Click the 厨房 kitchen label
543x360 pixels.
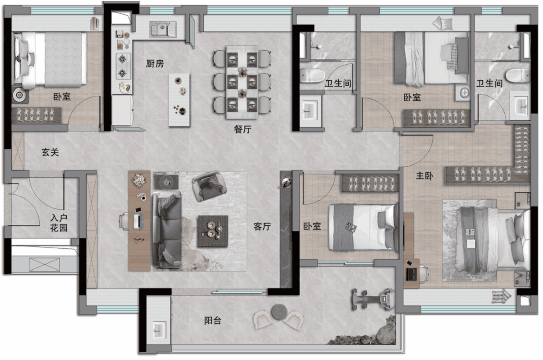[154, 64]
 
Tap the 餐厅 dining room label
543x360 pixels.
[242, 129]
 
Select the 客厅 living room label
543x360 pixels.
[262, 226]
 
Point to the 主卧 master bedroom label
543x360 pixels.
[424, 176]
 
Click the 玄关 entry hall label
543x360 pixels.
[50, 152]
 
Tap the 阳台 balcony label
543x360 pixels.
[213, 321]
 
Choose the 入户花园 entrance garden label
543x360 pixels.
[59, 223]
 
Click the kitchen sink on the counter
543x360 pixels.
[163, 30]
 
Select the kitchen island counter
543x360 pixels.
[179, 100]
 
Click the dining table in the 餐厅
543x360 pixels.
[242, 82]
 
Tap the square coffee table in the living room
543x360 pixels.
[213, 231]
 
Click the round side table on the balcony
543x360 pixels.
[279, 312]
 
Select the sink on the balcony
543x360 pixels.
[159, 329]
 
